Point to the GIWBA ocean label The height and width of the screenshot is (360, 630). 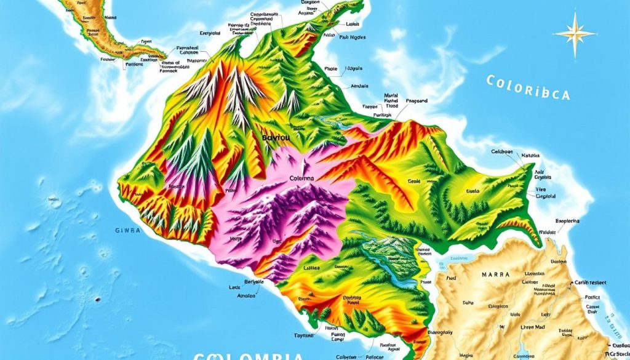click(x=127, y=230)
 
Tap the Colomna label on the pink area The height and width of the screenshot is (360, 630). click(x=302, y=178)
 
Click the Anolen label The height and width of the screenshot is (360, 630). click(x=246, y=295)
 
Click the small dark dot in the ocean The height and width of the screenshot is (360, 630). click(x=97, y=300)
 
